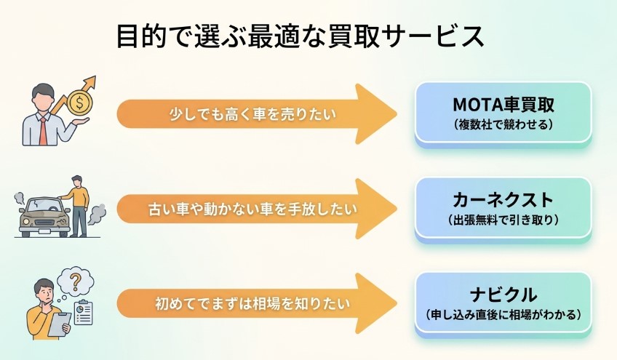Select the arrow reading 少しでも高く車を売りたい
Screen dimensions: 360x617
pos(255,114)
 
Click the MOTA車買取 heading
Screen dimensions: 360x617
pos(503,104)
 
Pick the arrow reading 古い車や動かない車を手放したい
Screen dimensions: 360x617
pos(255,209)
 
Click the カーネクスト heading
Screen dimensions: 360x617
pos(503,199)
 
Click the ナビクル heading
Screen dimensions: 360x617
pos(503,295)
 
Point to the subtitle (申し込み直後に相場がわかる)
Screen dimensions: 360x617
pos(503,314)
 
